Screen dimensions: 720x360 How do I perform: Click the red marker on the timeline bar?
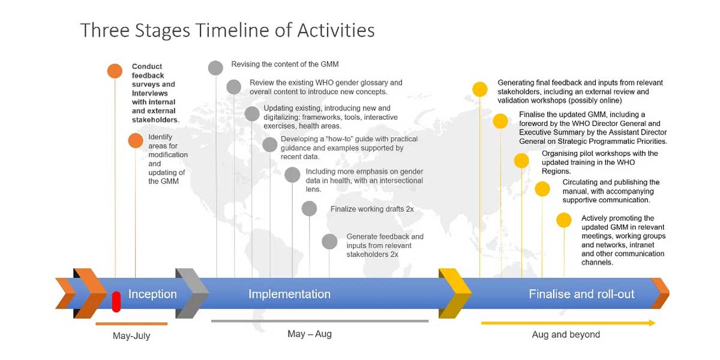click(116, 301)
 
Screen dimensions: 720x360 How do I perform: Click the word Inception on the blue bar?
click(152, 294)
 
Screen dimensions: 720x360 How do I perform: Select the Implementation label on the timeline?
click(289, 294)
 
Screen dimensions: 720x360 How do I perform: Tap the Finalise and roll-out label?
click(581, 294)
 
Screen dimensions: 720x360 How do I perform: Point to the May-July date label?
click(131, 336)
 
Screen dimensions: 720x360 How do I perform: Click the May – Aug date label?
click(310, 334)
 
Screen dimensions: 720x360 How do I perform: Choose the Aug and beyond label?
click(566, 335)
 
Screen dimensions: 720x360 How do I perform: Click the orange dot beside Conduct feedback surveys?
click(115, 71)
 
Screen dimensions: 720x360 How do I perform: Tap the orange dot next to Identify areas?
click(136, 140)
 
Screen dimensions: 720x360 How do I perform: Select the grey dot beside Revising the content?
click(215, 68)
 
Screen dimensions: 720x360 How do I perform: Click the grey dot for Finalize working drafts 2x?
click(309, 209)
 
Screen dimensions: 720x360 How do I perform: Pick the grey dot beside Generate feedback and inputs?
click(329, 241)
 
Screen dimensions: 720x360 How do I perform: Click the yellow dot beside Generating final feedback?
click(480, 89)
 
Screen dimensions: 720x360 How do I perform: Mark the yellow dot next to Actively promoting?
click(564, 220)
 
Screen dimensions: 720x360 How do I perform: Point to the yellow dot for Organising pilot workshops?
click(521, 160)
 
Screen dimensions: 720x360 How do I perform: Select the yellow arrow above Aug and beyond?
click(568, 323)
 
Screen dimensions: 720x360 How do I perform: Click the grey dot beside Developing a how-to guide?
click(269, 145)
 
